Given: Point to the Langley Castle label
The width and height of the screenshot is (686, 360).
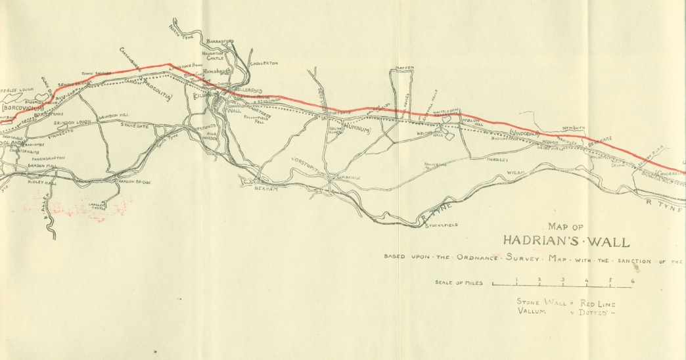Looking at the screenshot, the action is pos(98,207).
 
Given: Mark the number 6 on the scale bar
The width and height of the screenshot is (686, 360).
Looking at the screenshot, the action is pos(631,281).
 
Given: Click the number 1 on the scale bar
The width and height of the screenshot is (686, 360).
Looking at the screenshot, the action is pos(516,281).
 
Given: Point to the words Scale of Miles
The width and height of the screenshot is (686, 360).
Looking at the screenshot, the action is pos(459,283).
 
